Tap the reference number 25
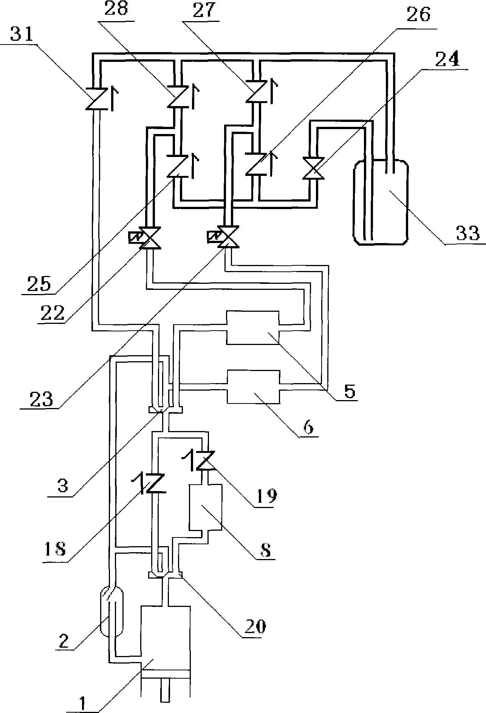(39, 283)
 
